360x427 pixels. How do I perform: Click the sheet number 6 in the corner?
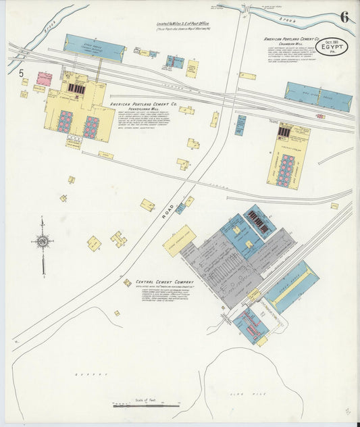[344, 17]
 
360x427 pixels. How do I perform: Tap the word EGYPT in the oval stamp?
[332, 48]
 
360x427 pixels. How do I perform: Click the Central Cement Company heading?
[164, 282]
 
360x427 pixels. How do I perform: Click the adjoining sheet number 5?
[22, 73]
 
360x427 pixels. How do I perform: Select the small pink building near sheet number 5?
[44, 78]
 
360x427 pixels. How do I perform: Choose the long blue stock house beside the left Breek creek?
[95, 48]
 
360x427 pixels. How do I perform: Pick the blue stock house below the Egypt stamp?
[317, 97]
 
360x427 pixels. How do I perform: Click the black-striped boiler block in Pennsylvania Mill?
[76, 89]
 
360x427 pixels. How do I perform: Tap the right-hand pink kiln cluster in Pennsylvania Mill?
[91, 127]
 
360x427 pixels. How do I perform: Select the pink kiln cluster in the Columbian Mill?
[287, 170]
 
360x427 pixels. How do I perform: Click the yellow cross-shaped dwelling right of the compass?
[119, 238]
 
